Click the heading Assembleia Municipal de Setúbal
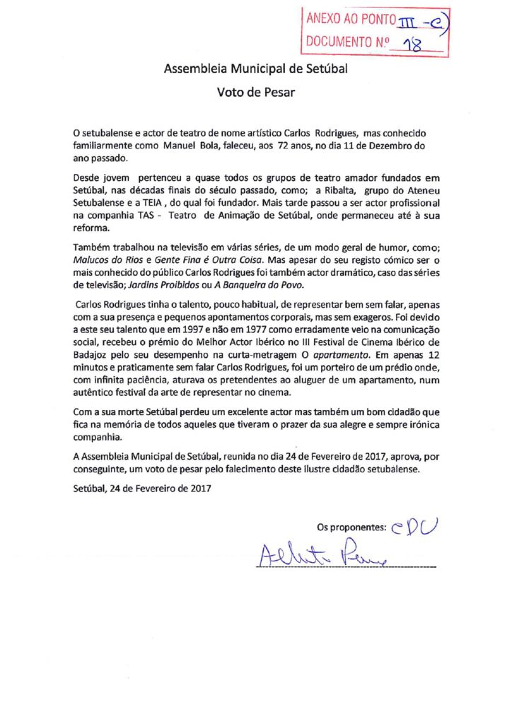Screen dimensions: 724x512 coord(255,69)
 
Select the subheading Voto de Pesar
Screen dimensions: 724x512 coord(255,92)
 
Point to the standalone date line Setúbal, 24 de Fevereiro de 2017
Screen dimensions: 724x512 coord(142,487)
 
